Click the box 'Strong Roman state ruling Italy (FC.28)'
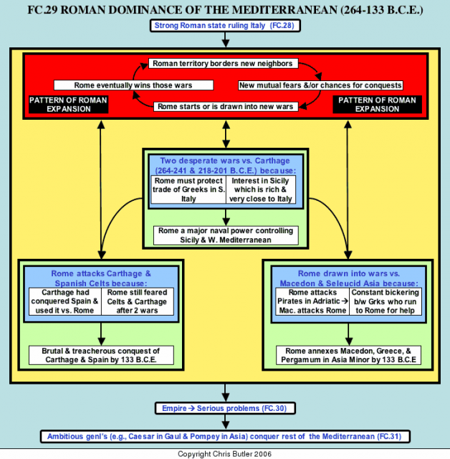(225, 26)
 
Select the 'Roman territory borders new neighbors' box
(223, 64)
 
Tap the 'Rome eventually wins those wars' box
(133, 85)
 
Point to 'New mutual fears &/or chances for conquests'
(320, 85)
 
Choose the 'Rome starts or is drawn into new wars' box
(226, 106)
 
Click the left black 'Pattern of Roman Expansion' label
(68, 105)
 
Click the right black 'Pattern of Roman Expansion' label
(377, 105)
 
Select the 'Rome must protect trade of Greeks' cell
(188, 189)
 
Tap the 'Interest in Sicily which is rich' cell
(261, 189)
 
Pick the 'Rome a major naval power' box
(226, 235)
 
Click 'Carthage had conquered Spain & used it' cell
(65, 301)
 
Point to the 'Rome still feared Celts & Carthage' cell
(137, 301)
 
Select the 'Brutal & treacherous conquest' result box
(101, 355)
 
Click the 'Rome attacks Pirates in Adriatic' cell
(312, 301)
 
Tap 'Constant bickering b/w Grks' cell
(386, 301)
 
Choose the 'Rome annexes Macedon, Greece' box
(348, 355)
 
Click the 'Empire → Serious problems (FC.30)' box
(225, 408)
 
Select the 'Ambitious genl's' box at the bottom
(225, 437)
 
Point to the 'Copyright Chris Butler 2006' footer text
(224, 454)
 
